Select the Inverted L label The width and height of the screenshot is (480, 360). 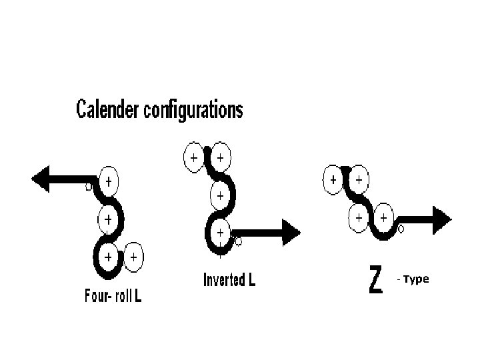click(229, 280)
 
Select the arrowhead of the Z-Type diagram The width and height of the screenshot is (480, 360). click(441, 217)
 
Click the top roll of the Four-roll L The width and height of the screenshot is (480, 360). click(108, 181)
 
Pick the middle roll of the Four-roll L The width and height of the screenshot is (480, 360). click(107, 218)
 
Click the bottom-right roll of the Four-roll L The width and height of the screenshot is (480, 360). click(134, 255)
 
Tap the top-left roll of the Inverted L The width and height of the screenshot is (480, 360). click(193, 158)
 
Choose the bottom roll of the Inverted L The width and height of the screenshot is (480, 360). click(219, 233)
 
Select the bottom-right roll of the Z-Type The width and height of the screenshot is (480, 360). click(384, 217)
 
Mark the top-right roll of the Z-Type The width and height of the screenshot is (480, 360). click(359, 179)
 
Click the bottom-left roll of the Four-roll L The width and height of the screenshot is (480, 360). click(107, 255)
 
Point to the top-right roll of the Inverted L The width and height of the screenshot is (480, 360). click(220, 158)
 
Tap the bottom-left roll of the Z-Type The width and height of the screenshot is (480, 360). click(359, 217)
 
